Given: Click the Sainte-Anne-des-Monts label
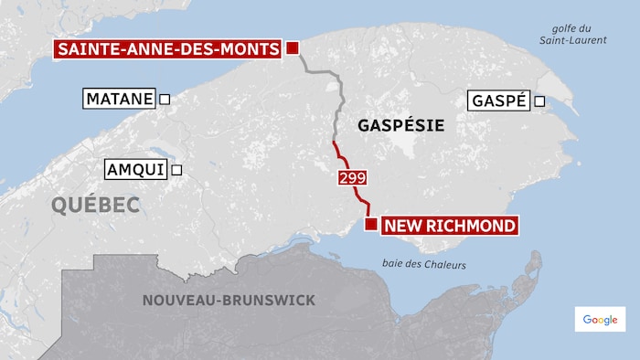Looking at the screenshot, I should pos(166,49).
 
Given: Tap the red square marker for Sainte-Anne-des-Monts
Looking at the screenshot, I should pos(293,49).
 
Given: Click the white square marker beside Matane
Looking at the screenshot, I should pos(165,99).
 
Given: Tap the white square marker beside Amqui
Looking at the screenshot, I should pos(176,169).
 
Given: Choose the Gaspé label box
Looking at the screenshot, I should pos(498,101).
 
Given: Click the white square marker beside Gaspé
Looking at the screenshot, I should pos(539,101).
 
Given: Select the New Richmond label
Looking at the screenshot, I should pos(449,225).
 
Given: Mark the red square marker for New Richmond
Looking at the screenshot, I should pos(370,225).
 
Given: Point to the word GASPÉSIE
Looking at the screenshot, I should pos(396,125).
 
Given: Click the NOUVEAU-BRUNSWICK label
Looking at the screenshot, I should pos(229,300).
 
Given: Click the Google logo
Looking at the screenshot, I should pos(600,319).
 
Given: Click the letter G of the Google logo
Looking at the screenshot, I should pos(587,319).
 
